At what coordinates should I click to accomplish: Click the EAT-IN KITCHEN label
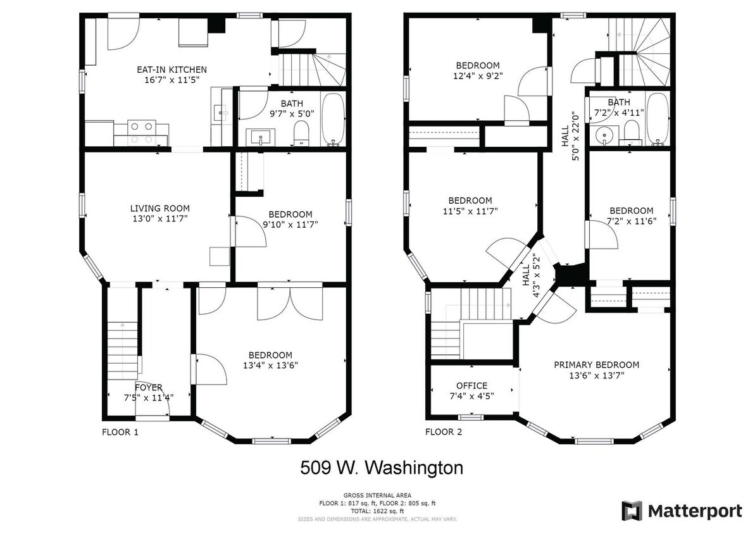[172, 70]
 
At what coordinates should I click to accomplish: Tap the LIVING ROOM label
[160, 208]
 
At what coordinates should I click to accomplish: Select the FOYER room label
[148, 388]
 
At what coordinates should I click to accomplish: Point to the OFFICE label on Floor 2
[472, 386]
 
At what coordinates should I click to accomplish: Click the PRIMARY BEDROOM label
[597, 365]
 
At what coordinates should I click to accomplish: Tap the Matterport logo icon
[632, 511]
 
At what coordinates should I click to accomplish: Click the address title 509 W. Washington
[382, 468]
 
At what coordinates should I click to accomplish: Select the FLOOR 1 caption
[120, 432]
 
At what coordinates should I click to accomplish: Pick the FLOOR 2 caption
[444, 432]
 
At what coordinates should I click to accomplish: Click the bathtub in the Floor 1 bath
[334, 119]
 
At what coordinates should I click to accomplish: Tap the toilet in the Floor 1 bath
[301, 133]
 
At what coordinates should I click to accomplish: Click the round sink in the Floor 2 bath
[603, 135]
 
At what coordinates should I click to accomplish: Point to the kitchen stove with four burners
[142, 133]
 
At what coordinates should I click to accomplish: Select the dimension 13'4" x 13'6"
[271, 366]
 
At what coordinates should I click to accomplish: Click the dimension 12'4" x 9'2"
[478, 75]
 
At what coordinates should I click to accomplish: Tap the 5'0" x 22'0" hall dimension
[575, 136]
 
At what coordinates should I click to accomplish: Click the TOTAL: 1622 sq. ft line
[377, 511]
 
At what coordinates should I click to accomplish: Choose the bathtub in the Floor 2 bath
[658, 118]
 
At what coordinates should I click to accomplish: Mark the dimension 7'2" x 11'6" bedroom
[631, 221]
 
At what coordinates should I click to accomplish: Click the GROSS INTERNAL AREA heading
[377, 495]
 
